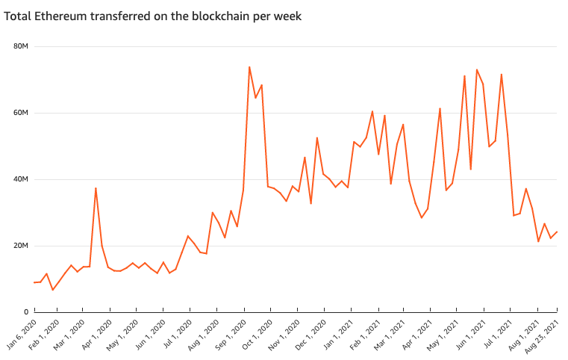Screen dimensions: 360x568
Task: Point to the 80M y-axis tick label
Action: click(21, 47)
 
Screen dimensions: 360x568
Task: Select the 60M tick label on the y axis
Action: click(21, 113)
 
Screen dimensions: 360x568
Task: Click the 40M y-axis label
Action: click(21, 179)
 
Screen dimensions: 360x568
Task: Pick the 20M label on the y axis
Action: click(21, 246)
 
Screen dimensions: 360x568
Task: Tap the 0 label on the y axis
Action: click(25, 311)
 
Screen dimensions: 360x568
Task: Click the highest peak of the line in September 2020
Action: click(249, 67)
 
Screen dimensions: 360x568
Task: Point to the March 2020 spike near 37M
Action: click(96, 188)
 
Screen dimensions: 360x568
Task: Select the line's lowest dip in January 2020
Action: click(52, 290)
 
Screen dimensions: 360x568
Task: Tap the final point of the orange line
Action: click(557, 232)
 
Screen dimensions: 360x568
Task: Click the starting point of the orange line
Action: click(34, 282)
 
